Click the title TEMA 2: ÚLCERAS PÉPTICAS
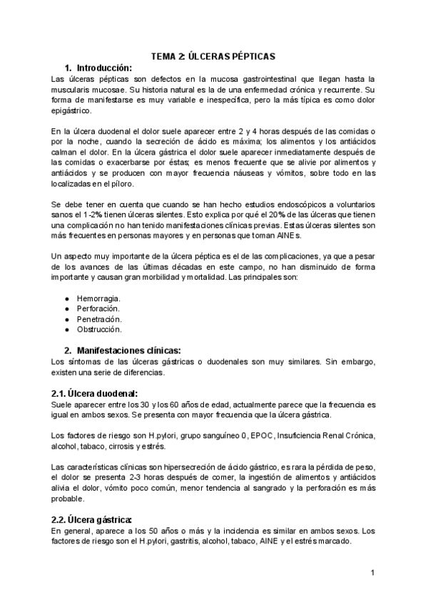[213, 56]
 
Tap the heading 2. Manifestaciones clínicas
[122, 350]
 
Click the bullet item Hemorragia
[98, 298]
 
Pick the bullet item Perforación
[98, 308]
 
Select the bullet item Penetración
[99, 319]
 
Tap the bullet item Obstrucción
[99, 330]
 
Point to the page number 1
[373, 573]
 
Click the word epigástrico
[72, 112]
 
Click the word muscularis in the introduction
[75, 90]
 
